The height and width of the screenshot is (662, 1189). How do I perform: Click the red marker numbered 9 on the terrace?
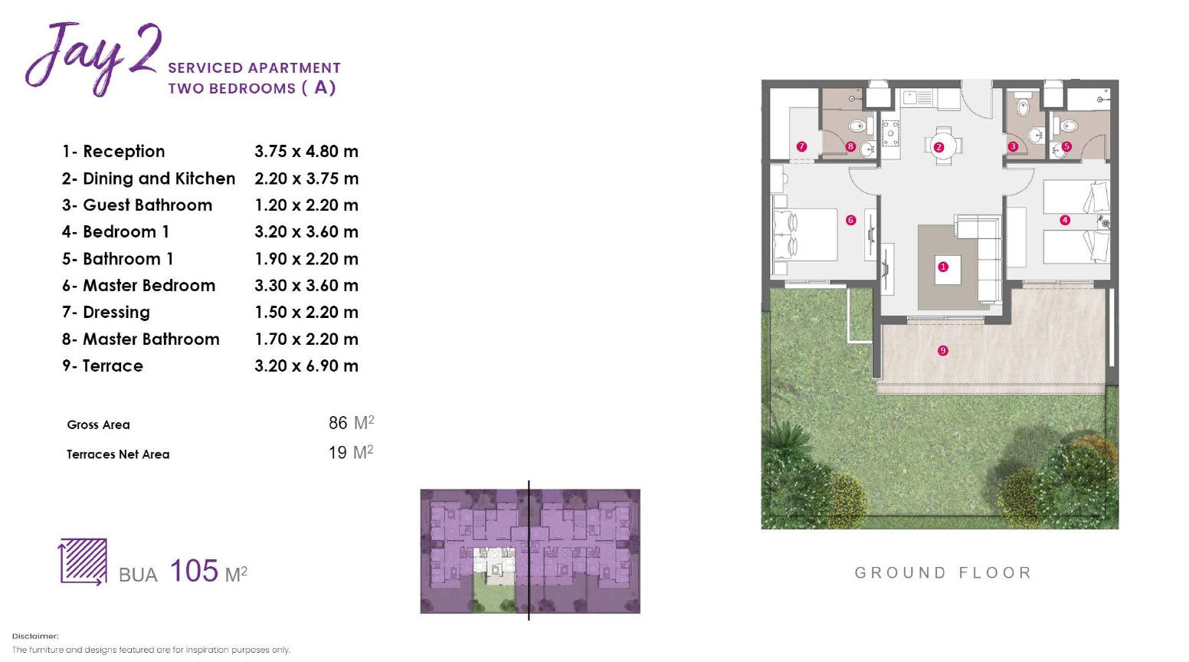pyautogui.click(x=943, y=350)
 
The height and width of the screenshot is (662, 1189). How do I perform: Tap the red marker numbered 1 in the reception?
pyautogui.click(x=943, y=267)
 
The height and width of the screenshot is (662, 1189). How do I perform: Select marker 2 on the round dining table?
pyautogui.click(x=938, y=147)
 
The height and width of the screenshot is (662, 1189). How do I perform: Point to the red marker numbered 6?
pyautogui.click(x=851, y=220)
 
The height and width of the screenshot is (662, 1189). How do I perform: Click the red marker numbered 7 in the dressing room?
pyautogui.click(x=801, y=146)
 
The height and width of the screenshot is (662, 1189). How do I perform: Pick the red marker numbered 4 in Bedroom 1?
pyautogui.click(x=1065, y=220)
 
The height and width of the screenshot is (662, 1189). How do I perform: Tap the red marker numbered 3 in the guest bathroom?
pyautogui.click(x=1013, y=146)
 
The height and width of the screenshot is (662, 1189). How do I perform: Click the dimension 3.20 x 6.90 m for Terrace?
pyautogui.click(x=306, y=365)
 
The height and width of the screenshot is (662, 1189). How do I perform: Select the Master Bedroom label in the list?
pyautogui.click(x=149, y=286)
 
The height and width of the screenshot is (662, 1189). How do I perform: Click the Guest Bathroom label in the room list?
pyautogui.click(x=148, y=205)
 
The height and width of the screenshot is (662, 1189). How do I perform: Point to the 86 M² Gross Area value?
pyautogui.click(x=351, y=423)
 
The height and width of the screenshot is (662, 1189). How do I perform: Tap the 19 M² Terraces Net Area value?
pyautogui.click(x=350, y=452)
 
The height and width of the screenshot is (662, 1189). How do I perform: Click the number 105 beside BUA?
pyautogui.click(x=194, y=571)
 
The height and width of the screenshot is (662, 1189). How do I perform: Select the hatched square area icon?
pyautogui.click(x=84, y=562)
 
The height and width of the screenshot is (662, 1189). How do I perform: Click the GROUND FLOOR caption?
pyautogui.click(x=943, y=573)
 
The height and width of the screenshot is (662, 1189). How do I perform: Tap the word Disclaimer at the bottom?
pyautogui.click(x=35, y=636)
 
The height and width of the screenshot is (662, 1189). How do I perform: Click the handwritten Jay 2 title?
pyautogui.click(x=93, y=57)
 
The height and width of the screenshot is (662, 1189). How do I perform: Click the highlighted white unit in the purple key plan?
pyautogui.click(x=494, y=566)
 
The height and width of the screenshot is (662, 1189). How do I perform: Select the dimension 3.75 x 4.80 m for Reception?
pyautogui.click(x=306, y=151)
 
